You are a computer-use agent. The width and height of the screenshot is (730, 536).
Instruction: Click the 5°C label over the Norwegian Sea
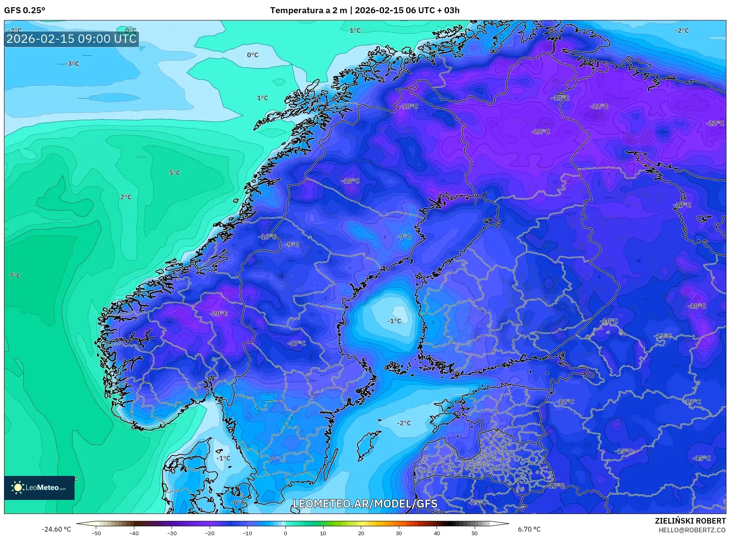coord(174,173)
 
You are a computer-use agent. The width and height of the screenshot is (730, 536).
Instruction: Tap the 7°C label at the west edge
coord(15,276)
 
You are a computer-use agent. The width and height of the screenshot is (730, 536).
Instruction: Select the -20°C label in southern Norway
coord(219,314)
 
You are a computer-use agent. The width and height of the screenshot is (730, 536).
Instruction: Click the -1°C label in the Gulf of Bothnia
coord(394,321)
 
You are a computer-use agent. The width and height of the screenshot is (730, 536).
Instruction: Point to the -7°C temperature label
coord(404,237)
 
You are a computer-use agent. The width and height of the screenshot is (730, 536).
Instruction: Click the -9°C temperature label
coord(292,244)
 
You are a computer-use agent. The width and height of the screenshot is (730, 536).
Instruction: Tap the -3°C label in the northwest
coord(73,64)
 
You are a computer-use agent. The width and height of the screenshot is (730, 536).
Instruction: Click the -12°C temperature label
coord(565,401)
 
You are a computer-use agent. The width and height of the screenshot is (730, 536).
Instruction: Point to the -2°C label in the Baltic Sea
coord(404,423)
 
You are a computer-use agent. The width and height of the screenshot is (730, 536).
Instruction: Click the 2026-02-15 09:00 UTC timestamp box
coord(71,39)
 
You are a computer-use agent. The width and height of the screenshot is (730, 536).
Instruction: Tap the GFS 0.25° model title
coord(25,10)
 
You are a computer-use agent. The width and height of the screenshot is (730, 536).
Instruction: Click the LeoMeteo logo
coord(39,488)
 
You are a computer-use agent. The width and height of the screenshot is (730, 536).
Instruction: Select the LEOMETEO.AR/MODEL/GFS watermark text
coord(365,504)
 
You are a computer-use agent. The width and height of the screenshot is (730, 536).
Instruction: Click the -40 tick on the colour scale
coord(134,533)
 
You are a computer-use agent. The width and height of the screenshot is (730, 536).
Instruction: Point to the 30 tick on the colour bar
coord(399,533)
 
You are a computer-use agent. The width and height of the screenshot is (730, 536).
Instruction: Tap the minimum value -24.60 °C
coord(56,529)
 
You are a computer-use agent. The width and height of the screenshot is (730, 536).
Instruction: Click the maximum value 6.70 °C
coord(529,529)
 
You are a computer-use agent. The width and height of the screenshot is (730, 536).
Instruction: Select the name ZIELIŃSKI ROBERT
coord(690,521)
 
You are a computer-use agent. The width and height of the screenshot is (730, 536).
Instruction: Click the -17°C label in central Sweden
coord(297,343)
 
